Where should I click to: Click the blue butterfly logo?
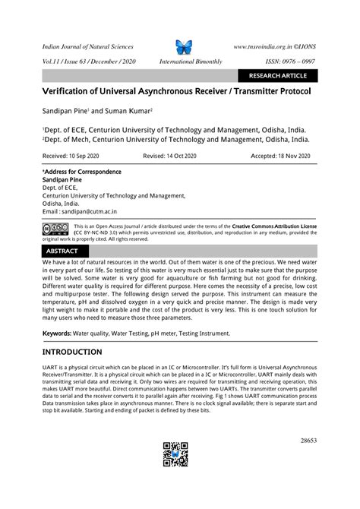(185, 47)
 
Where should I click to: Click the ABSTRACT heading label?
(62, 251)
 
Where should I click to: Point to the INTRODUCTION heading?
(72, 352)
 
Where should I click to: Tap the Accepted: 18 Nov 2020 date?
(281, 155)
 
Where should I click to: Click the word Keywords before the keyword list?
(58, 334)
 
